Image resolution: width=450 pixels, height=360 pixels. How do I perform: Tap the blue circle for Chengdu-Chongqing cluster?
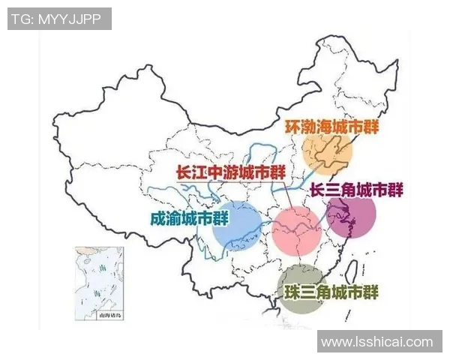pos(237,223)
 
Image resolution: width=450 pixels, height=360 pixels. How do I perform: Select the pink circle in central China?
pos(297,228)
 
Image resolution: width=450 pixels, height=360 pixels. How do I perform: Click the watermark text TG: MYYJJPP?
pos(58,19)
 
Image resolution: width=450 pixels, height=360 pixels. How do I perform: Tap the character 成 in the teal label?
pos(158,218)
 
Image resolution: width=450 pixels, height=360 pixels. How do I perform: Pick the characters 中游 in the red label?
pos(223,172)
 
